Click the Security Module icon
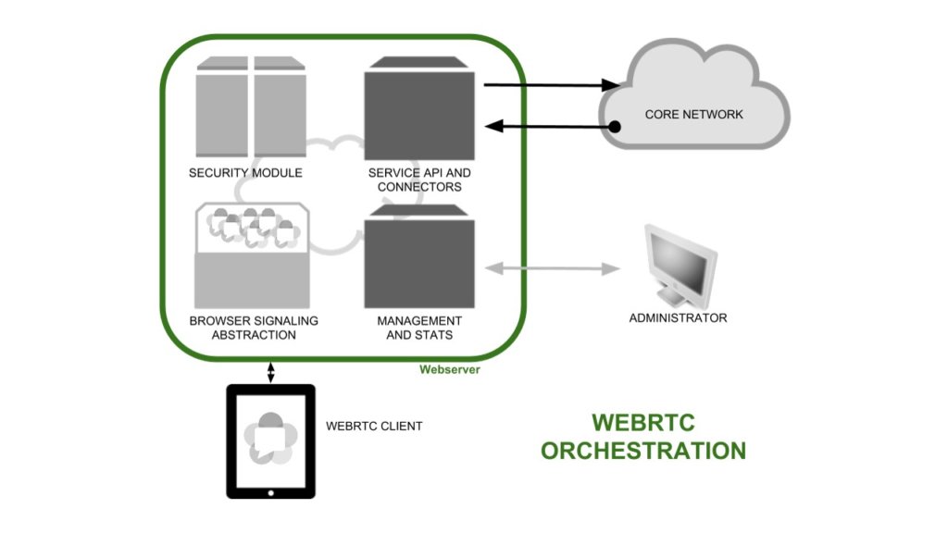251,106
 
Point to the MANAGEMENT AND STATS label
419,328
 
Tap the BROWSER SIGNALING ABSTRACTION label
254,328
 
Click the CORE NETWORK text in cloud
693,115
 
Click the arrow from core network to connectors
546,126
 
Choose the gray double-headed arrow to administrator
553,269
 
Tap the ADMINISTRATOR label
678,318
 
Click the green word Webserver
450,369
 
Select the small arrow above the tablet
270,372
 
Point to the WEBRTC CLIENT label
374,427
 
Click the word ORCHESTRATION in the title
643,452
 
